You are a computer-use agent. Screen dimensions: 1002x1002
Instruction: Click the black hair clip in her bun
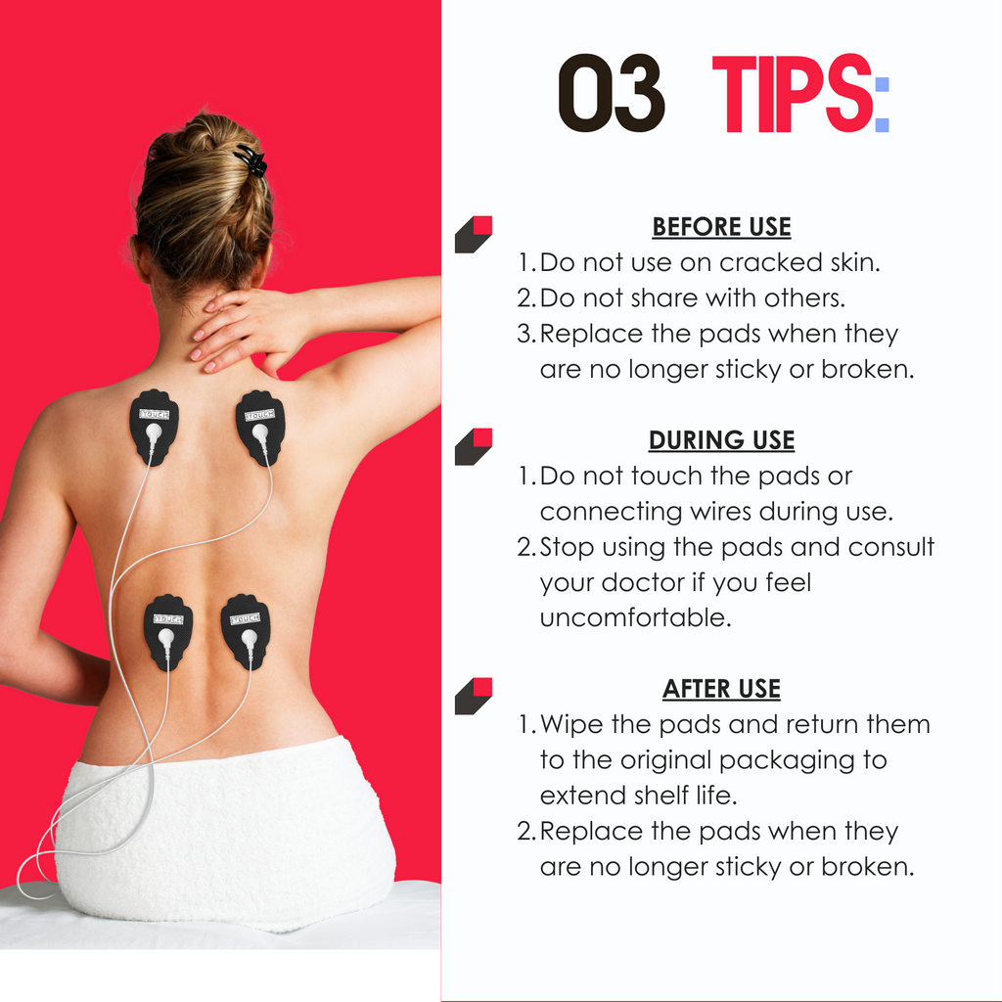pos(251,159)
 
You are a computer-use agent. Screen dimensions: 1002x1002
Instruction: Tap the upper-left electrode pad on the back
pos(154,427)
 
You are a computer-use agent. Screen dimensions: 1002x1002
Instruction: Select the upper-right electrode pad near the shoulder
pos(260,428)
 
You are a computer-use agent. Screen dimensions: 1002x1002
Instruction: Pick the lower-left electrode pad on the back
pos(168,632)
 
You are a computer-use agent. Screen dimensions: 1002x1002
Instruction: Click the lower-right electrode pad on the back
pos(246,631)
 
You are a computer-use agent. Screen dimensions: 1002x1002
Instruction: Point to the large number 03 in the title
pos(612,93)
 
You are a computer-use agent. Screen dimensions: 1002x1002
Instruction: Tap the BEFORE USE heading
pos(721,227)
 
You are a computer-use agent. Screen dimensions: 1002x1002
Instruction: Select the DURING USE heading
pos(721,440)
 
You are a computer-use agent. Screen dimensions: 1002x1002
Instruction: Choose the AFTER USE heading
pos(721,689)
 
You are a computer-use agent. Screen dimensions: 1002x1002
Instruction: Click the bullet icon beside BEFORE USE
pos(474,235)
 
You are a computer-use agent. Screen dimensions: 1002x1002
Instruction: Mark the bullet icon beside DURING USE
pos(474,446)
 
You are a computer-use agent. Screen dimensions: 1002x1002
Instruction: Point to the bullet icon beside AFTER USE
pos(474,696)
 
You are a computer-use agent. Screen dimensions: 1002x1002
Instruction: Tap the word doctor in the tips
pos(644,583)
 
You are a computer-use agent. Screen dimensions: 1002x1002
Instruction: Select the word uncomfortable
pos(636,618)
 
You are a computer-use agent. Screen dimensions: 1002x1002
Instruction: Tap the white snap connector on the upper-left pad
pos(154,433)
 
